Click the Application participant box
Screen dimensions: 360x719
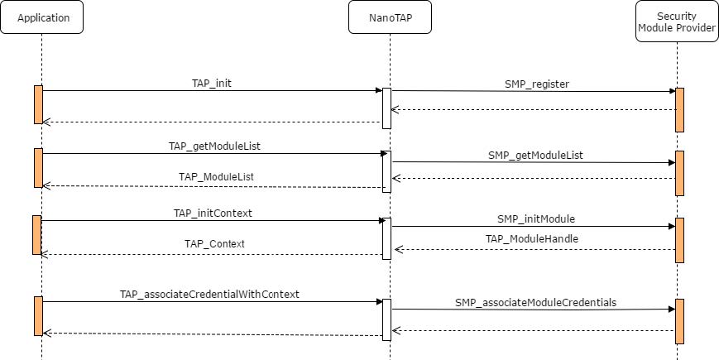41,17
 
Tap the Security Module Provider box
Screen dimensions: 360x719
676,22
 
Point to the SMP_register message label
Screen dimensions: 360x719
537,84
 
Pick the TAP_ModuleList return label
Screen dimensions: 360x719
215,176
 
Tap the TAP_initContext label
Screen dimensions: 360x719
213,213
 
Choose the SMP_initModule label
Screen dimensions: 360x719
535,218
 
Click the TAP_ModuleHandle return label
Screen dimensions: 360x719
531,238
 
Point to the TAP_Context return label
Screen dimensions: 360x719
214,243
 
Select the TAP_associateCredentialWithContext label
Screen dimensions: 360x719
209,294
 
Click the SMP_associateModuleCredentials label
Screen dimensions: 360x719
535,302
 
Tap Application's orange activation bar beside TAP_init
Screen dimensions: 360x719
38,104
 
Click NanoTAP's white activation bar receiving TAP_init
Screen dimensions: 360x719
386,108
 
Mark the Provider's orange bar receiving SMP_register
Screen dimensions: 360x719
679,109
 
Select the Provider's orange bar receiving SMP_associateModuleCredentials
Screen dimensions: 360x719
679,321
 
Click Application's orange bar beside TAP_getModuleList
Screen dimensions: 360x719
38,168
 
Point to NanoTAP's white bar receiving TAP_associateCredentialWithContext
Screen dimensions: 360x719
386,319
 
